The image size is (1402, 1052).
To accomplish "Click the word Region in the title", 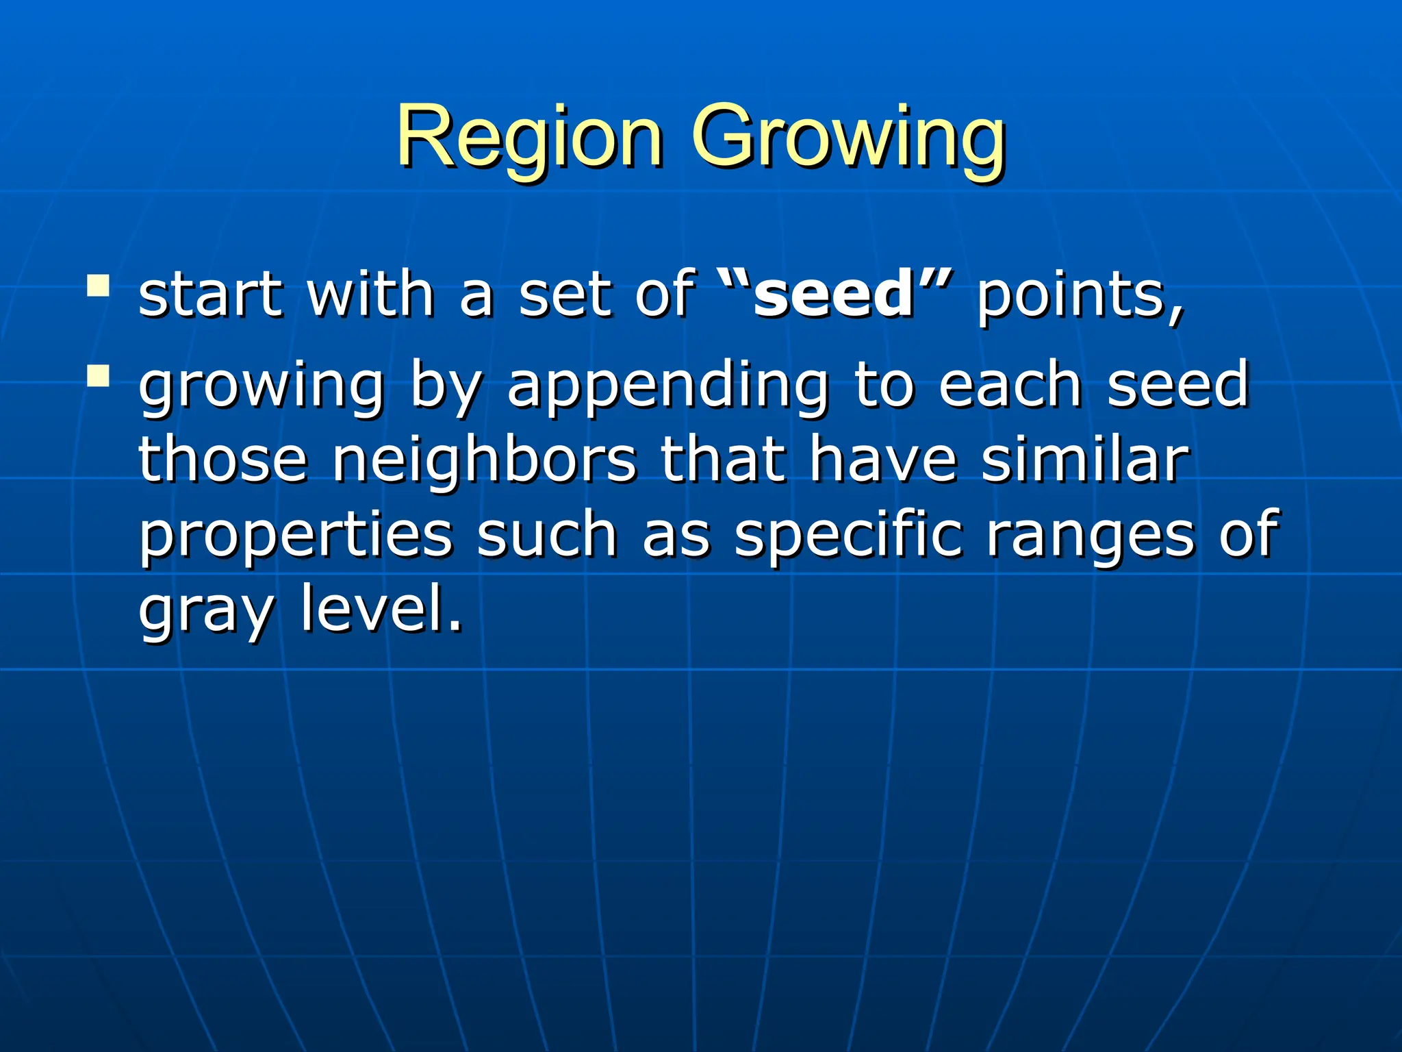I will (530, 137).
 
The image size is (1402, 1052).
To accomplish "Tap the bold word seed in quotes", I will (835, 295).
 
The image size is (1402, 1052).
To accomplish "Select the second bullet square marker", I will (99, 375).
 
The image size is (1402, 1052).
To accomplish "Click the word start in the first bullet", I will (211, 295).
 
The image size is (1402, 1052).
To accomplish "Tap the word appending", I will (668, 387).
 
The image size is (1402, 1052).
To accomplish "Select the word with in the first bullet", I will (370, 295).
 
